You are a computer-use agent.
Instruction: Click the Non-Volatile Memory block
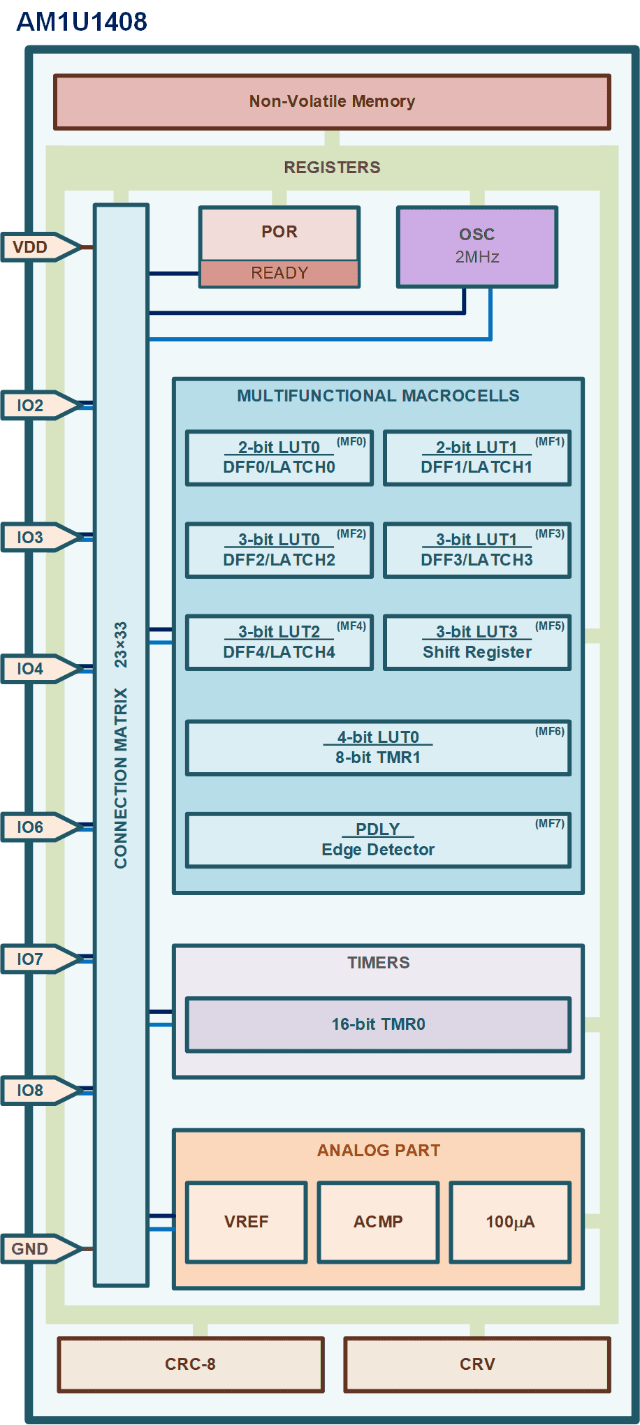pyautogui.click(x=332, y=102)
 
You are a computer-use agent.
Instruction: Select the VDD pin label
pyautogui.click(x=30, y=247)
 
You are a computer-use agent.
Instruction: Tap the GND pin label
pyautogui.click(x=29, y=1248)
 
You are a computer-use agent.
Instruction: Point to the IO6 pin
pyautogui.click(x=41, y=827)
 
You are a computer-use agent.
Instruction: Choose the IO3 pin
pyautogui.click(x=41, y=537)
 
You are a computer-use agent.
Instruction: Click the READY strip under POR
pyautogui.click(x=279, y=273)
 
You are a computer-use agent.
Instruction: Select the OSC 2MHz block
pyautogui.click(x=477, y=246)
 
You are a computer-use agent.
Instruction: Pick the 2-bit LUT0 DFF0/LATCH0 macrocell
pyautogui.click(x=279, y=457)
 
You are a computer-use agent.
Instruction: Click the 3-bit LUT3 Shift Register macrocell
pyautogui.click(x=477, y=642)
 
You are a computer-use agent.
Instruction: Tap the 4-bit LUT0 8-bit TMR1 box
pyautogui.click(x=378, y=747)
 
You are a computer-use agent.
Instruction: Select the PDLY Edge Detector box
pyautogui.click(x=378, y=839)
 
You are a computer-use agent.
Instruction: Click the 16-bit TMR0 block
pyautogui.click(x=378, y=1024)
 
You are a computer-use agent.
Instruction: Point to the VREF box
pyautogui.click(x=246, y=1222)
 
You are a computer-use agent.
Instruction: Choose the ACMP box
pyautogui.click(x=378, y=1222)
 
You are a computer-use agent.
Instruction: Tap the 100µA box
pyautogui.click(x=510, y=1222)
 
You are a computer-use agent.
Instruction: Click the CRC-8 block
pyautogui.click(x=191, y=1364)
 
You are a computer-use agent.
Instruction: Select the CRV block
pyautogui.click(x=477, y=1364)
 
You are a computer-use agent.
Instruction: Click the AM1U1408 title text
pyautogui.click(x=82, y=22)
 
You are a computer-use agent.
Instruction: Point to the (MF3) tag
pyautogui.click(x=550, y=533)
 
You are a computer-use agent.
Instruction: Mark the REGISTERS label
pyautogui.click(x=332, y=168)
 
